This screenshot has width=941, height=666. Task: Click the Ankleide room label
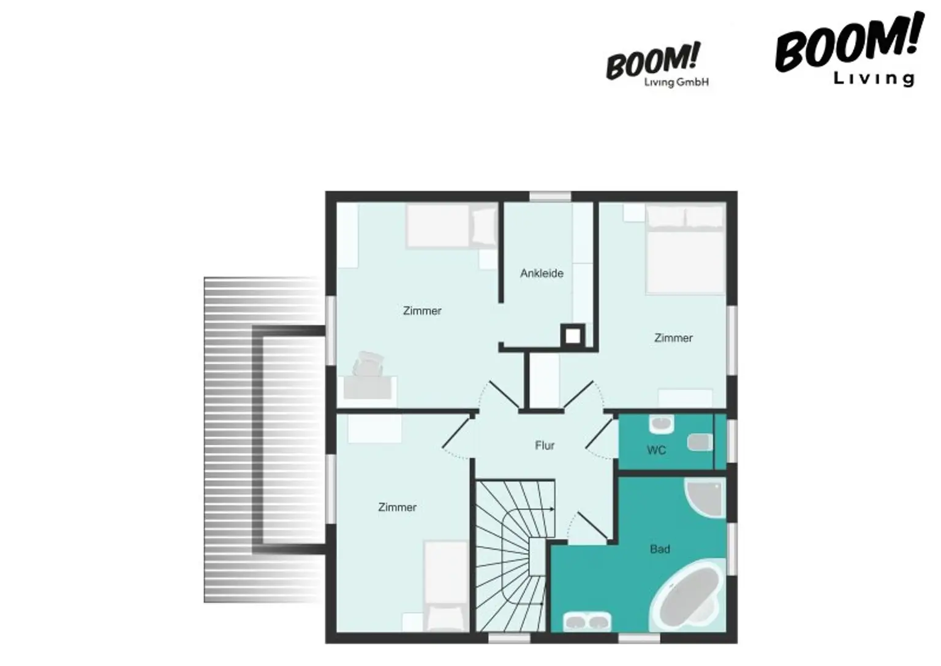542,273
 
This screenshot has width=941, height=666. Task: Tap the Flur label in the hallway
545,445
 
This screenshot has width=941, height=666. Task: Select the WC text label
656,450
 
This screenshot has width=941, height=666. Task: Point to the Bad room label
660,549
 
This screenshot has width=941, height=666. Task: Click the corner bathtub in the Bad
688,595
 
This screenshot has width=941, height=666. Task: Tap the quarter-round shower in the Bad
706,499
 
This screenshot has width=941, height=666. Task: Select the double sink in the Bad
587,621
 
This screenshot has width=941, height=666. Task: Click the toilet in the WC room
700,442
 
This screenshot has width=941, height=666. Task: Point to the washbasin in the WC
662,425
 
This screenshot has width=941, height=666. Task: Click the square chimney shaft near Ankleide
573,336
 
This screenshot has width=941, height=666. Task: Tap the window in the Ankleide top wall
550,197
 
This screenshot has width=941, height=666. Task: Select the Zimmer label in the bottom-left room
397,507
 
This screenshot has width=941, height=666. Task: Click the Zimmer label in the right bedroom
673,338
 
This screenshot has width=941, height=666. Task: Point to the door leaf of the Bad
593,526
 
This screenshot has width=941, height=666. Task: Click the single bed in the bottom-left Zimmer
446,586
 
